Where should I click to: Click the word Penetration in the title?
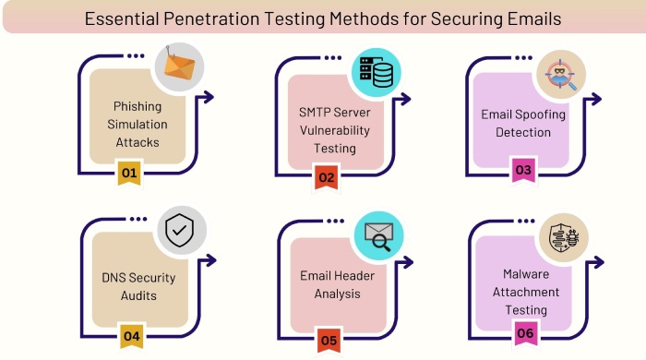pos(211,19)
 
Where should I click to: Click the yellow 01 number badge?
pos(129,173)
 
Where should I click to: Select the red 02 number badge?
pos(327,177)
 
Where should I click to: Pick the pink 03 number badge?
pos(523,170)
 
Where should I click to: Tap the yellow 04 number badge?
pos(132,336)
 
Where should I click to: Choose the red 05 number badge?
pos(329,341)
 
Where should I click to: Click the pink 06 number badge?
pos(526,333)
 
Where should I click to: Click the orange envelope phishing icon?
pos(179,66)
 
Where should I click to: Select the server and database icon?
pos(377,73)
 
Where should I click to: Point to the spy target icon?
pos(560,75)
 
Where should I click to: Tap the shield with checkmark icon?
pos(180,231)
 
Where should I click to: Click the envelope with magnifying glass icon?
pos(378,236)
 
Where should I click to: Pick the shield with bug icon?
pos(564,237)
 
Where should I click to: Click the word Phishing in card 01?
pos(138,107)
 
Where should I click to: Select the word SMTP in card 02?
pos(315,112)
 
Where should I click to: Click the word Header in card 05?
pos(355,276)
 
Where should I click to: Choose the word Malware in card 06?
pos(526,274)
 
